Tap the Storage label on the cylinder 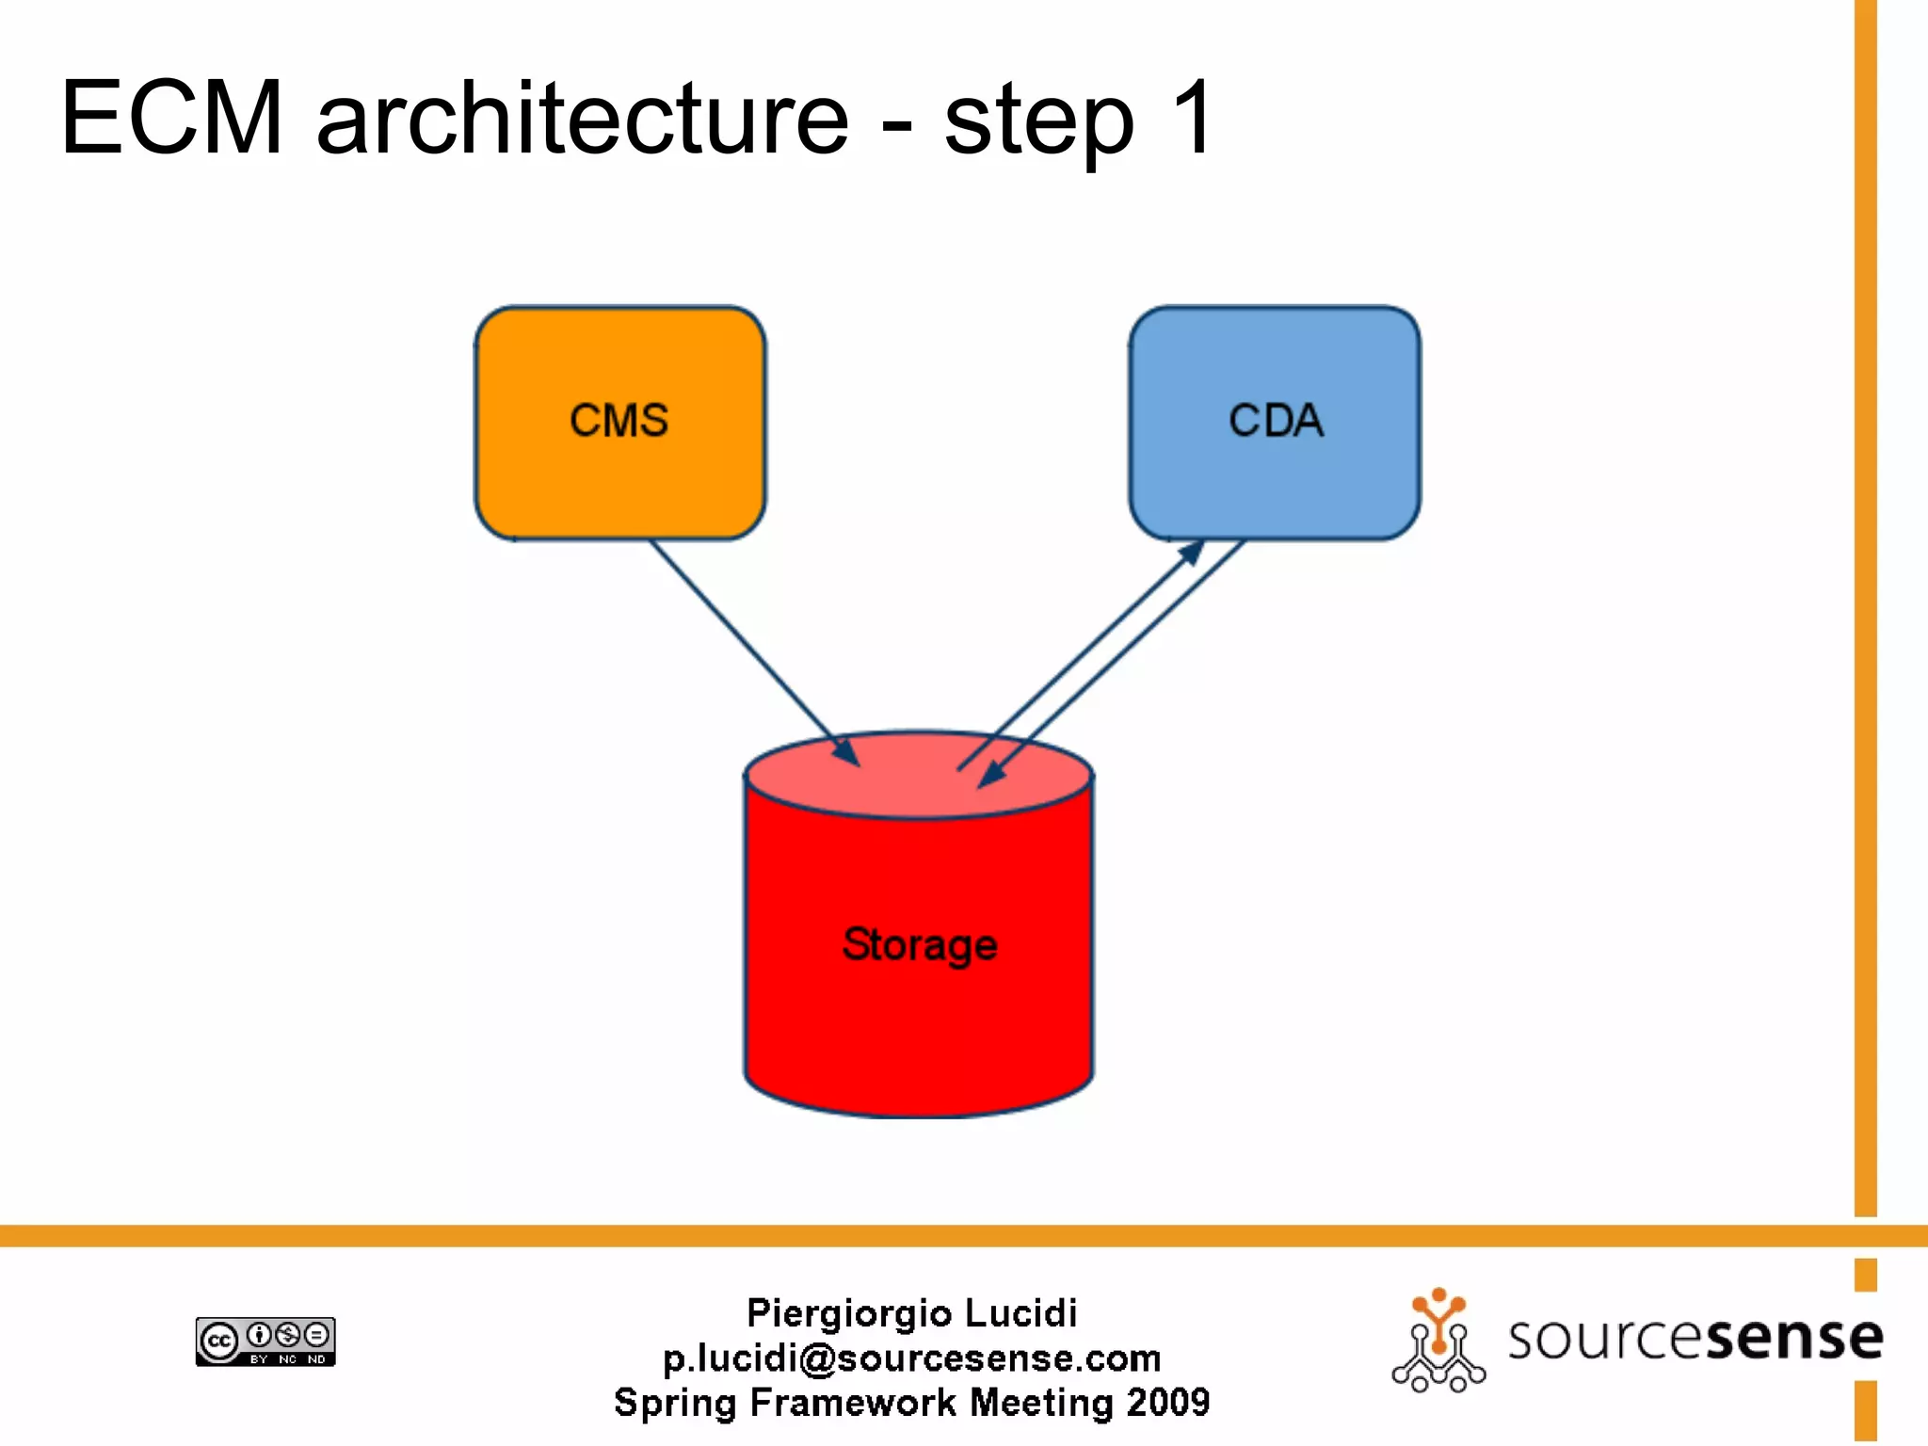pyautogui.click(x=920, y=944)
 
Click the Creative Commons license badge pyautogui.click(x=265, y=1342)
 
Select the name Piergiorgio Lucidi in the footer pyautogui.click(x=911, y=1313)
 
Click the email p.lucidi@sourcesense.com pyautogui.click(x=911, y=1358)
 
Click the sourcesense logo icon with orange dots pyautogui.click(x=1438, y=1342)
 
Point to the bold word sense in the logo pyautogui.click(x=1793, y=1338)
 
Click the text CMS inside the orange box pyautogui.click(x=619, y=420)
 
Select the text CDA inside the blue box pyautogui.click(x=1276, y=420)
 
